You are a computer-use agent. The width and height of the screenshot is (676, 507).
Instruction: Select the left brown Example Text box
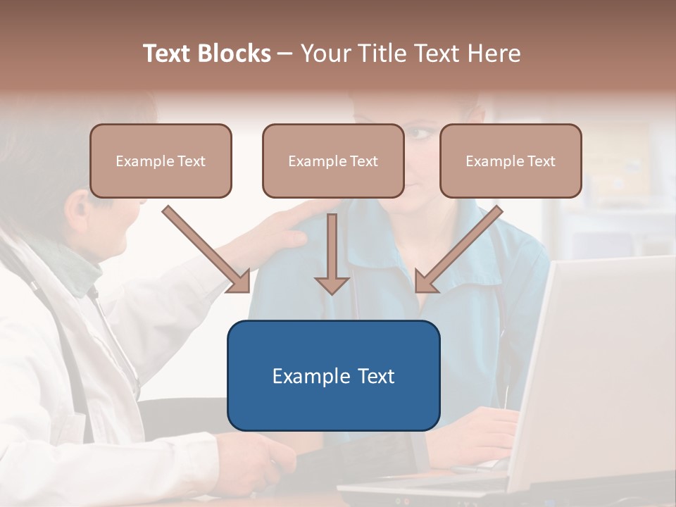pyautogui.click(x=161, y=161)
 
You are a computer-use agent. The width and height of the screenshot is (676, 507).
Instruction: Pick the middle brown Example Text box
pyautogui.click(x=333, y=161)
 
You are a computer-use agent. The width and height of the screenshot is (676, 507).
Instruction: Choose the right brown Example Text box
pyautogui.click(x=511, y=161)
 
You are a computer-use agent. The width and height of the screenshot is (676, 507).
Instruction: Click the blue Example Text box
pyautogui.click(x=333, y=375)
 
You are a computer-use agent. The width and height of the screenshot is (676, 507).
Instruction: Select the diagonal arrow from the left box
pyautogui.click(x=208, y=250)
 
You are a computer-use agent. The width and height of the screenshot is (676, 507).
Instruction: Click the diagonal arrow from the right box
pyautogui.click(x=458, y=250)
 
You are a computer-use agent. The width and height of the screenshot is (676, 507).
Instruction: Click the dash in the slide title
pyautogui.click(x=285, y=54)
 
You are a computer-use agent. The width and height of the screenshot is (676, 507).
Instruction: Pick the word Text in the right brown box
pyautogui.click(x=542, y=161)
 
